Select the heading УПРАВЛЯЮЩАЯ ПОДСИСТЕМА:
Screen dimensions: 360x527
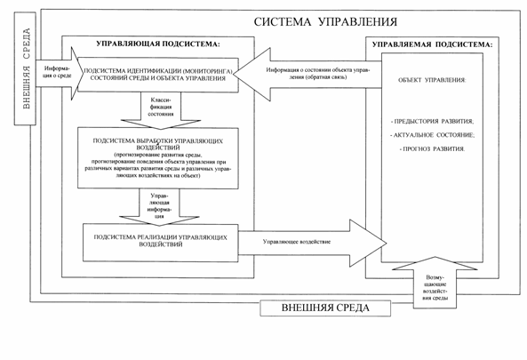tap(157, 44)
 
